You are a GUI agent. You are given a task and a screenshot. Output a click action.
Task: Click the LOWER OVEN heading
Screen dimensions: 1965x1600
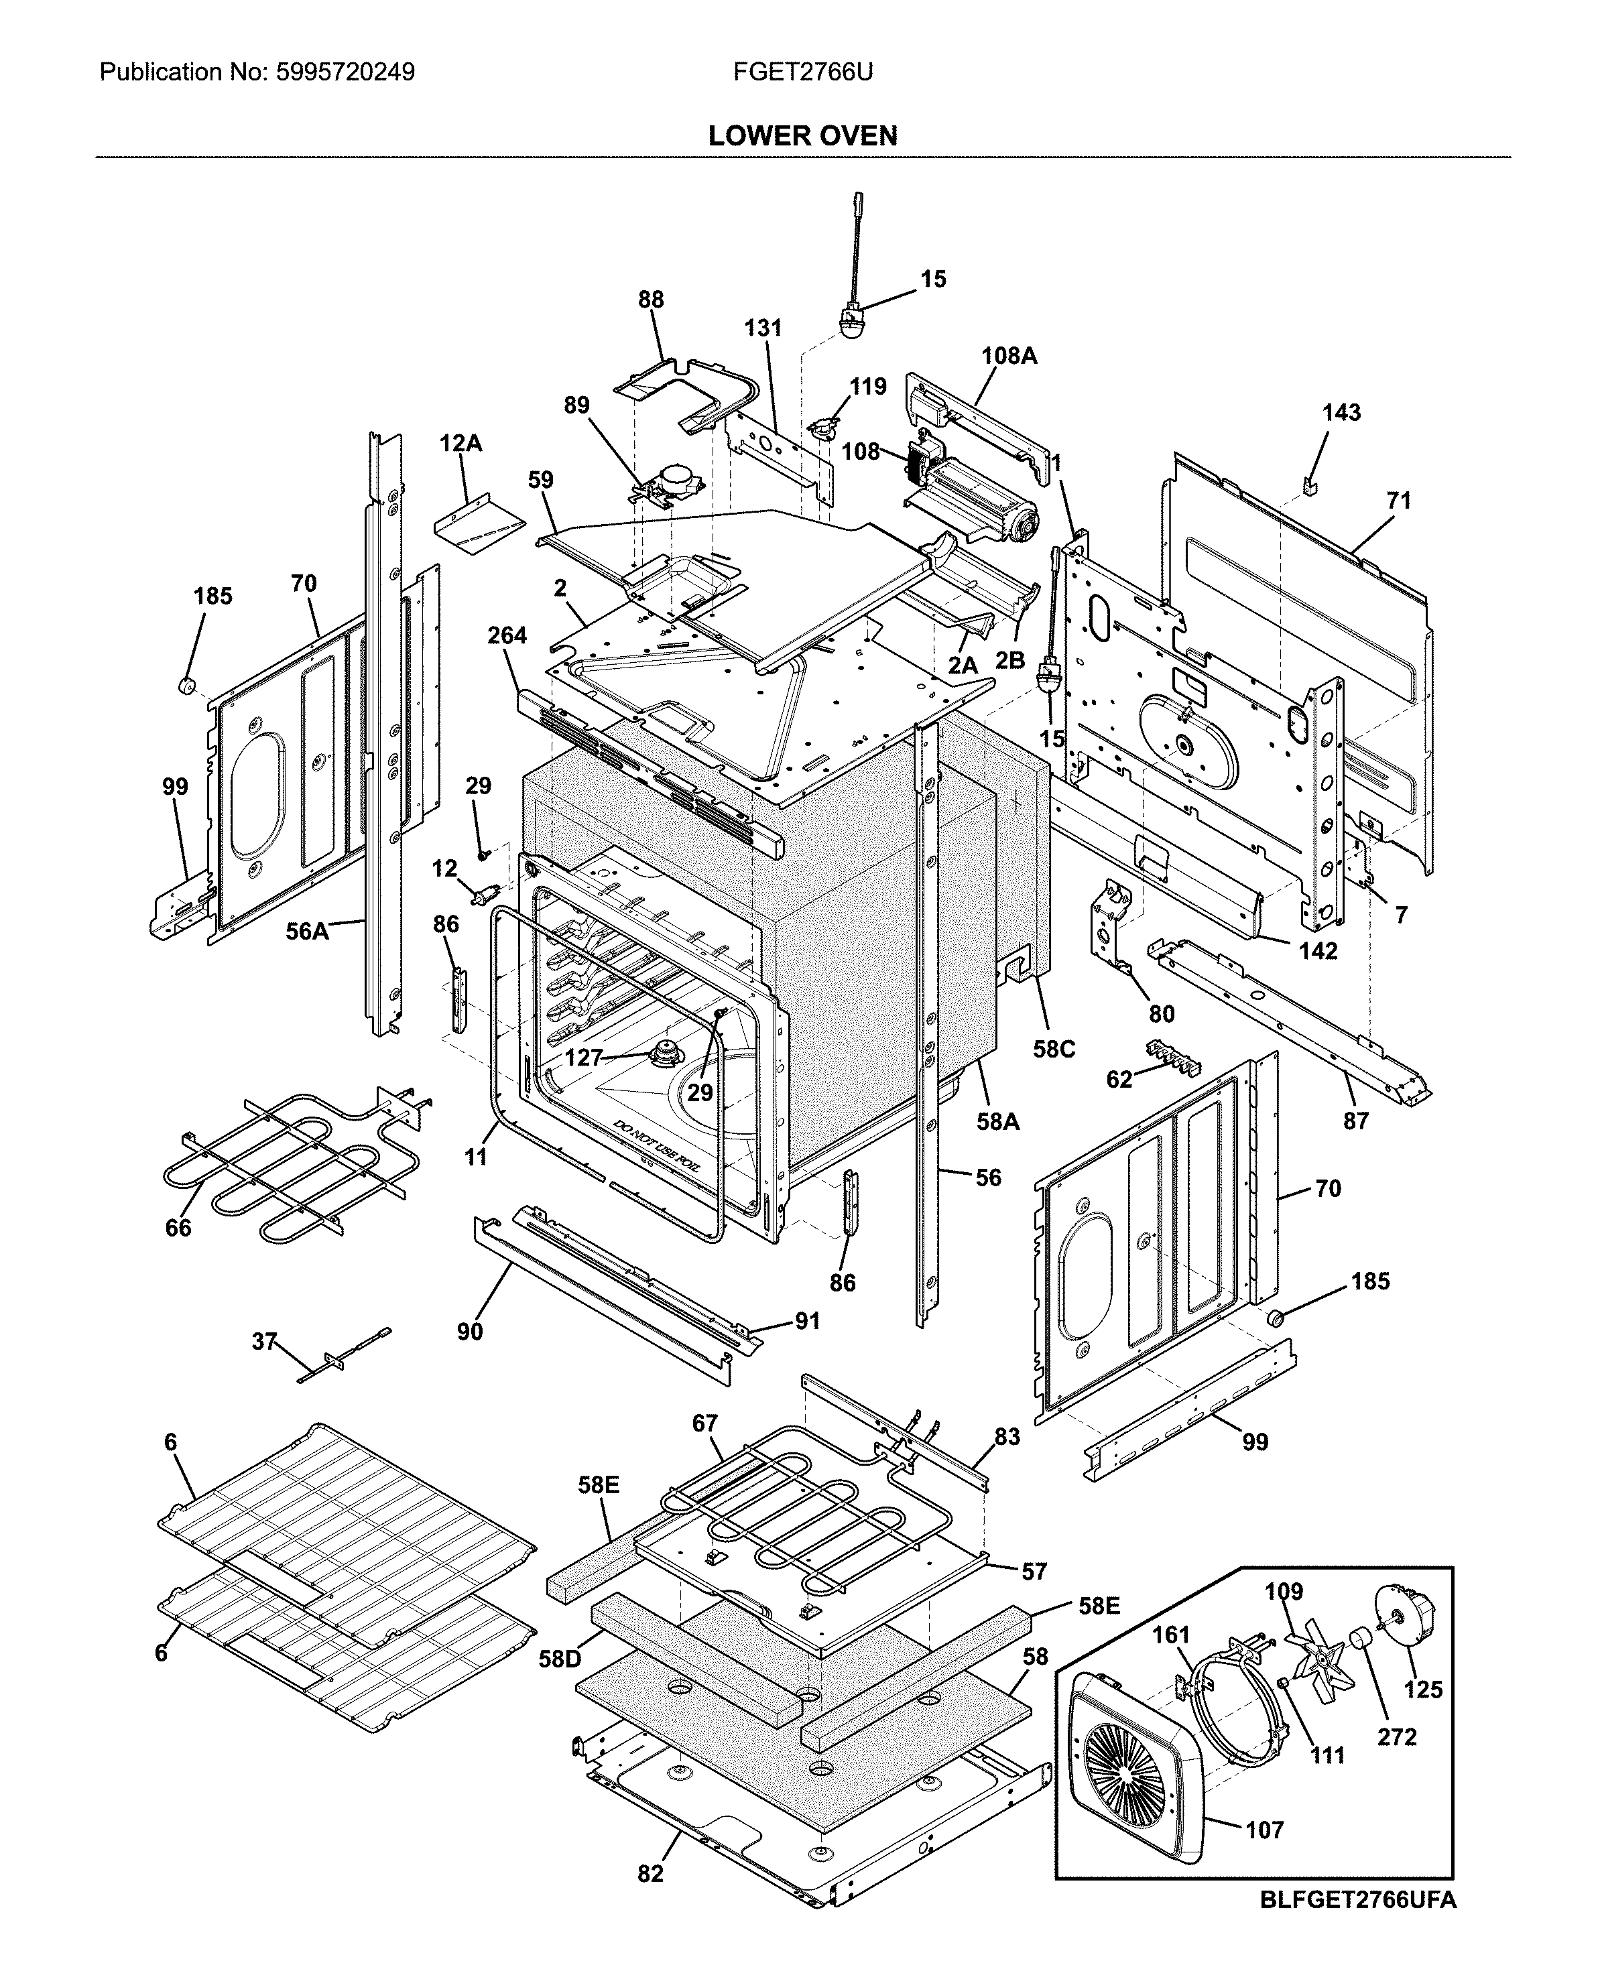click(x=802, y=137)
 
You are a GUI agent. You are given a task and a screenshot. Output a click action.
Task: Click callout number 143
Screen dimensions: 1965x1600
click(x=1341, y=413)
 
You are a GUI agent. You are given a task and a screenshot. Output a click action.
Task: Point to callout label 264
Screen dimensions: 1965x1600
click(x=507, y=635)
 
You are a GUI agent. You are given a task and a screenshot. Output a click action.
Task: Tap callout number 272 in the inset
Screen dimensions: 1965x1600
click(x=1396, y=1736)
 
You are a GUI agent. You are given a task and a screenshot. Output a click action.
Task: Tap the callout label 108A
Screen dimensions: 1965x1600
click(x=1009, y=356)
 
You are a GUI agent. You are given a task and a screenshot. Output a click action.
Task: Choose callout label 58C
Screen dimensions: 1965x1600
click(x=1054, y=1050)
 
